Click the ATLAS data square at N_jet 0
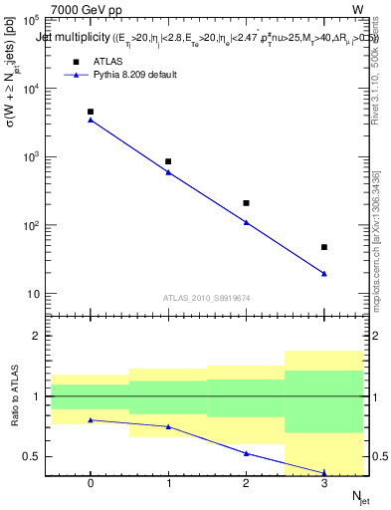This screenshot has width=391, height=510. coord(91,112)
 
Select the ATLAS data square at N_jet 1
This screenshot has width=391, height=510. coord(168,161)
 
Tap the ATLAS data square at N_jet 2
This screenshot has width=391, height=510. coord(246,202)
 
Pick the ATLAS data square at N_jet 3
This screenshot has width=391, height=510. coord(324,247)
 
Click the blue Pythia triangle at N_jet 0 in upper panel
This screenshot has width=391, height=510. coord(91,120)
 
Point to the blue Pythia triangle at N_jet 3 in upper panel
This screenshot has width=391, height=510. coord(324,274)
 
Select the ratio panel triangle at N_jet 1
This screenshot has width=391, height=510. coord(168,426)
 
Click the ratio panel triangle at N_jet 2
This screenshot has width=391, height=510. coord(246,453)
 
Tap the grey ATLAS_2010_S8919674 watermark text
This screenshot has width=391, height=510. coord(206,297)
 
